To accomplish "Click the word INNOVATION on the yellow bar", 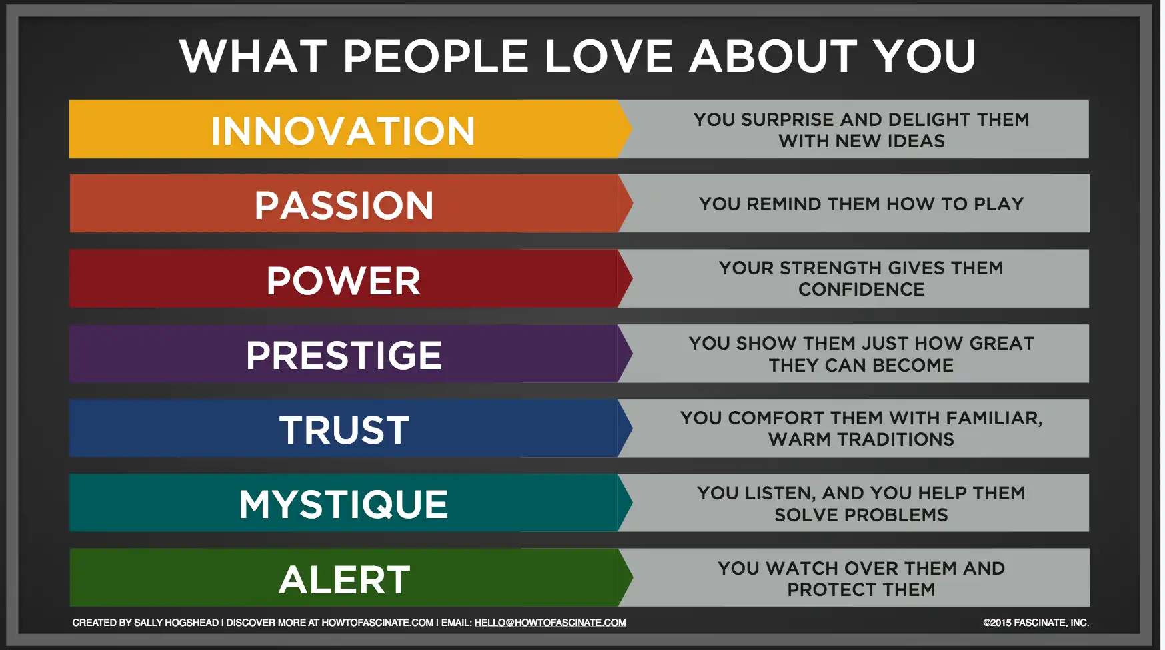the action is click(343, 131).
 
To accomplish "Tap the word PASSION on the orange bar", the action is click(344, 205).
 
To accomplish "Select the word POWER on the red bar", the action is click(344, 280).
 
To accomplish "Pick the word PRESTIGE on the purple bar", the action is click(344, 355).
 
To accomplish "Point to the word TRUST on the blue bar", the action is click(345, 430).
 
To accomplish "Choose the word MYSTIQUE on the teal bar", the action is click(343, 505).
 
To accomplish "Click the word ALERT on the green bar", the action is click(345, 579).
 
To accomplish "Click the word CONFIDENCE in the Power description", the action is click(862, 290).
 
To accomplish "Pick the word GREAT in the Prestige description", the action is click(1002, 344).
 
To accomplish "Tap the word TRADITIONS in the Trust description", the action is click(896, 440).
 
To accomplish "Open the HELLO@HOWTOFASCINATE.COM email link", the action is click(550, 623).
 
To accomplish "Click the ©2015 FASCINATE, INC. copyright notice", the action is click(1036, 623).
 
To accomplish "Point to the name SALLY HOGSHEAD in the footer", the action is click(176, 623).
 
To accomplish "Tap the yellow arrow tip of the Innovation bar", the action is click(631, 129).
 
